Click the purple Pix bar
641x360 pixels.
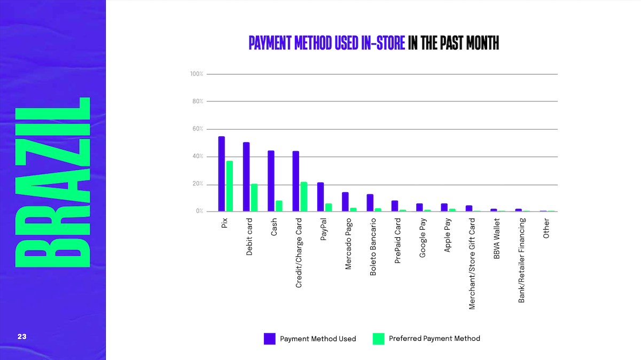pos(221,174)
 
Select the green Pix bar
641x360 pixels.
pos(229,186)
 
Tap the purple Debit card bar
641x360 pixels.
pos(246,177)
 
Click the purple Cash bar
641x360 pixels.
pos(271,181)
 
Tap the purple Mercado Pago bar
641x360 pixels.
pos(345,202)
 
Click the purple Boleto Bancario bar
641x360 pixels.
pos(370,203)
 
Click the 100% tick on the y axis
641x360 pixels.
pos(197,74)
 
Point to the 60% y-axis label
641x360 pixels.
pos(197,129)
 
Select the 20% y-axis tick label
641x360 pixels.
pos(197,184)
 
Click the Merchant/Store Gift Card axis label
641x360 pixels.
pos(472,263)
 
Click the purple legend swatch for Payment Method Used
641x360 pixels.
pos(270,339)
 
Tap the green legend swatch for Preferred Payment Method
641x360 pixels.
pos(379,339)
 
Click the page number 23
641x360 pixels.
pos(22,336)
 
